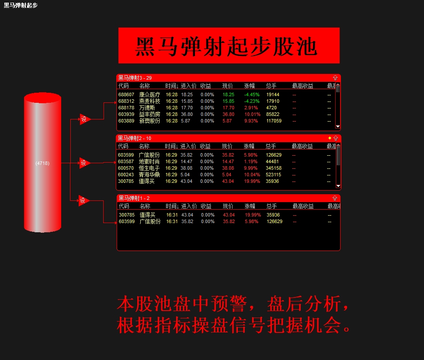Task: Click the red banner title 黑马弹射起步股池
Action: pos(229,46)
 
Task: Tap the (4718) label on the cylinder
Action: pos(42,163)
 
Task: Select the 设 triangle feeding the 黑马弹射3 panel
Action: pos(84,119)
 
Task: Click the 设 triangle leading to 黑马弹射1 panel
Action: pos(83,201)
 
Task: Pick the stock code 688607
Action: pos(126,94)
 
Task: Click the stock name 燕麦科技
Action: pos(149,101)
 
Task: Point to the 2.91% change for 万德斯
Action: pos(251,108)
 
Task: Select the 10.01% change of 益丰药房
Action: pos(251,114)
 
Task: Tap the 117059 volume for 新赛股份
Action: pos(274,121)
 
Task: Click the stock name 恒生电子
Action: pos(149,168)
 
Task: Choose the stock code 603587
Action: pos(126,161)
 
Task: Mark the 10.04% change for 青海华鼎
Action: pos(252,175)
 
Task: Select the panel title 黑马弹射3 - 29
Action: pos(135,78)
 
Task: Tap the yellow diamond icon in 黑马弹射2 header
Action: pos(330,138)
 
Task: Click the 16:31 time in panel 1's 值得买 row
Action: pos(172,215)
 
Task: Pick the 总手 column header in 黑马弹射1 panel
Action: pos(271,206)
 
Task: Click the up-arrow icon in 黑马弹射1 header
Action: pos(335,198)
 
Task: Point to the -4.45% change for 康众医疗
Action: pos(252,94)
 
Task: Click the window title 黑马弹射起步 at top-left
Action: pos(21,5)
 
